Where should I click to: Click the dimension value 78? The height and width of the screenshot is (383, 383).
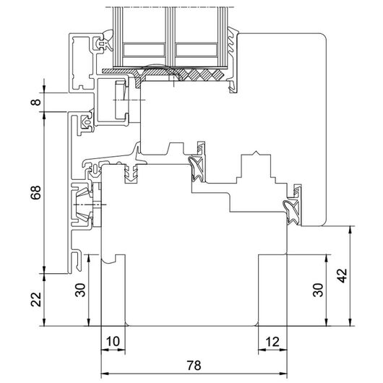[194, 366]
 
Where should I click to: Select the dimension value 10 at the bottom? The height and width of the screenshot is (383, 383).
[113, 342]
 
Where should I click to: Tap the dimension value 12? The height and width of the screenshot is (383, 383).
[272, 342]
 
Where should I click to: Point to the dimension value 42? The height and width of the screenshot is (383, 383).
[342, 275]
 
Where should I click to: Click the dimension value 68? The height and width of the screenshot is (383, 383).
[36, 192]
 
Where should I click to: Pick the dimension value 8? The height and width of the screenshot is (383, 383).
[36, 102]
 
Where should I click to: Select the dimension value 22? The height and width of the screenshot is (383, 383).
[36, 299]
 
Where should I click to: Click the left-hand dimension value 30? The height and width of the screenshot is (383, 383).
[80, 290]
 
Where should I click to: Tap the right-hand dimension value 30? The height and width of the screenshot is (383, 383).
[318, 290]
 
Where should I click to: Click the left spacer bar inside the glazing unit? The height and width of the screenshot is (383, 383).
[144, 50]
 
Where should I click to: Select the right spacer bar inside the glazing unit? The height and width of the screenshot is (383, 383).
[197, 50]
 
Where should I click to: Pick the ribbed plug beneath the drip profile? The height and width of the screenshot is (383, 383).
[132, 173]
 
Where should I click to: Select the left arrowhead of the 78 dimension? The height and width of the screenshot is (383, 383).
[104, 374]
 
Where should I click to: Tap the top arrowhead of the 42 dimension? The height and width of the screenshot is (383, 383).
[350, 230]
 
